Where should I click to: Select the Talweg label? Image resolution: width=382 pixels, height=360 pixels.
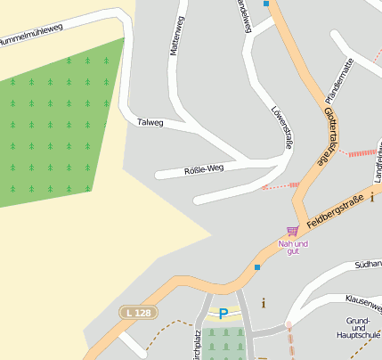[x=150, y=122]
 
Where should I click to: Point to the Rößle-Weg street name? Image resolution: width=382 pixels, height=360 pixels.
[x=203, y=168]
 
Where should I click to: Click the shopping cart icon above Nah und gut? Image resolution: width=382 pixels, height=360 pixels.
[x=292, y=232]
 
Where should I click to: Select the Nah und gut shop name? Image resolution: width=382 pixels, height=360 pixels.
[x=292, y=247]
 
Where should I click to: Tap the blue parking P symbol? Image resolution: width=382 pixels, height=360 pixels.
[x=224, y=313]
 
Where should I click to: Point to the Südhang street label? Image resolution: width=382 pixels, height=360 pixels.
[x=368, y=265]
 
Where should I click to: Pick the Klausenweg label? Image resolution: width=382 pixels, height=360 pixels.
[x=363, y=302]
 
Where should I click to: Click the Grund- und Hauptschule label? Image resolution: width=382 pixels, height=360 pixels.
[x=362, y=328]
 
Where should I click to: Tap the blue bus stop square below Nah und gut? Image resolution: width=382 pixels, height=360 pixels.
[x=257, y=266]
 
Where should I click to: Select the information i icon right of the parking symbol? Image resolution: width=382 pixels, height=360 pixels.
[x=263, y=304]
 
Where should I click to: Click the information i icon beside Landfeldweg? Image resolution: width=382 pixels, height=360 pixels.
[x=372, y=197]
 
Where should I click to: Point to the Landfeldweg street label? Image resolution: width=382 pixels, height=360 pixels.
[x=378, y=165]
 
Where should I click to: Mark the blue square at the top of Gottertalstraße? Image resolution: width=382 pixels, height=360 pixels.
[x=265, y=4]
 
